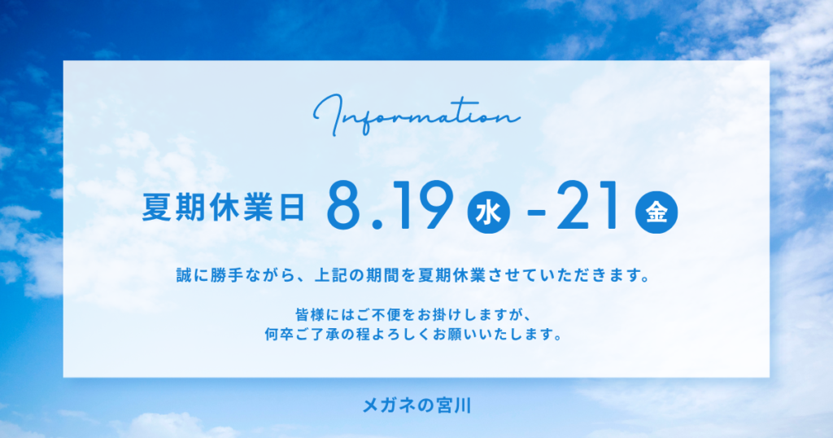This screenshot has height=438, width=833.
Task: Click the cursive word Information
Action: (416, 115)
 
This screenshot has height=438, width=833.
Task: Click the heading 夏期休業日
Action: (223, 207)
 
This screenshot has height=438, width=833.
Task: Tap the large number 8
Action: (347, 205)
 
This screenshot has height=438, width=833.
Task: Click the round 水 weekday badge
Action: (488, 212)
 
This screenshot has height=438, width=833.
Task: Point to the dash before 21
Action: (536, 213)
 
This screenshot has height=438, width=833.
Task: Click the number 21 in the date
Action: (587, 205)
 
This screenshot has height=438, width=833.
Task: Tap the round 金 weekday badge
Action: (656, 212)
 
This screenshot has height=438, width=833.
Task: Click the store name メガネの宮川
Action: (416, 405)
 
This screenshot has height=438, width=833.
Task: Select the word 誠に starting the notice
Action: (193, 276)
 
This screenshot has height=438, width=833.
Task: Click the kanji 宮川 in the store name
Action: (453, 405)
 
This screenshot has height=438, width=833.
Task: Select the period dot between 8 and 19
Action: (377, 225)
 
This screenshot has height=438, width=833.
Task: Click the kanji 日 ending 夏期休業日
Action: (292, 207)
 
